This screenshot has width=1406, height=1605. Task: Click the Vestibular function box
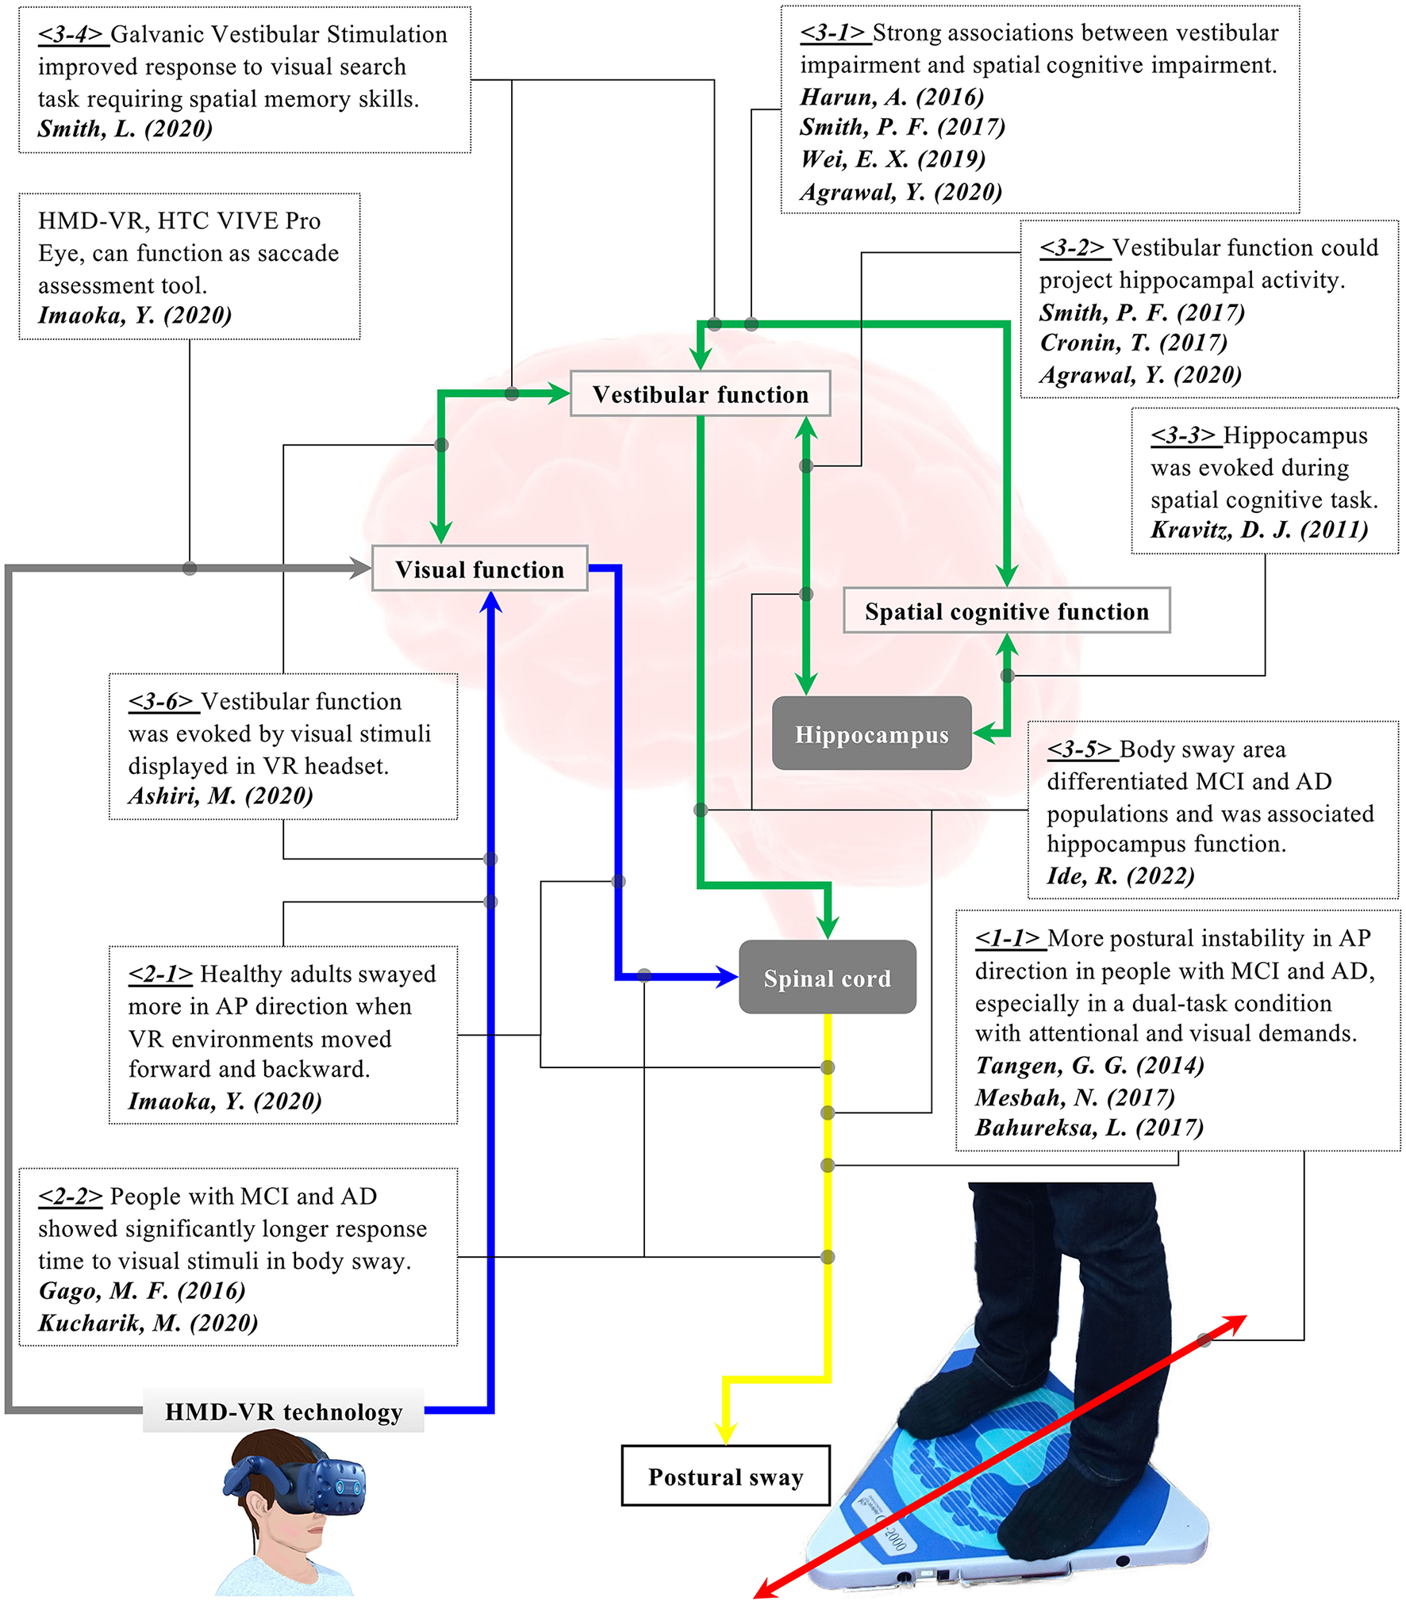tap(700, 394)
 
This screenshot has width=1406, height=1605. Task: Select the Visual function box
tap(479, 569)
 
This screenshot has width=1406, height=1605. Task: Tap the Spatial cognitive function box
tap(1006, 611)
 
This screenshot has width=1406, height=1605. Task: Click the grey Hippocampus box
tap(871, 734)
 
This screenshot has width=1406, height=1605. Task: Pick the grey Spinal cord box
tap(827, 977)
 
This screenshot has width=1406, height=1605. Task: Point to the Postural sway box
tap(725, 1476)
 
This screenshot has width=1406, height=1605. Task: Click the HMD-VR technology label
tap(283, 1412)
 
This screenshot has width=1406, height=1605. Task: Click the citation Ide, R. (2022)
tap(1120, 875)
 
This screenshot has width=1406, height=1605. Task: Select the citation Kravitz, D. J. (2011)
tap(1258, 529)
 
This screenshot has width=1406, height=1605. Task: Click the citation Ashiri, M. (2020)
tap(221, 795)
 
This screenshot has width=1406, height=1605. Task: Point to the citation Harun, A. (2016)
tap(891, 97)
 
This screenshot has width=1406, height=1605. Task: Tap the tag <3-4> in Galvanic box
tap(71, 34)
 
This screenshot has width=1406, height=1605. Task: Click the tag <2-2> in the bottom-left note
tap(71, 1196)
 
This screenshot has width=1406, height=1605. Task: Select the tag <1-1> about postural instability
tap(1007, 938)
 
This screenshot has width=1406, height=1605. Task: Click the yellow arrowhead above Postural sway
tap(725, 1434)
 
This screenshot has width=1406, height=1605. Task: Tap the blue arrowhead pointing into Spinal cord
tap(726, 976)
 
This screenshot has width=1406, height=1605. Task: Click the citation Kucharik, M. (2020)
tap(148, 1323)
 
